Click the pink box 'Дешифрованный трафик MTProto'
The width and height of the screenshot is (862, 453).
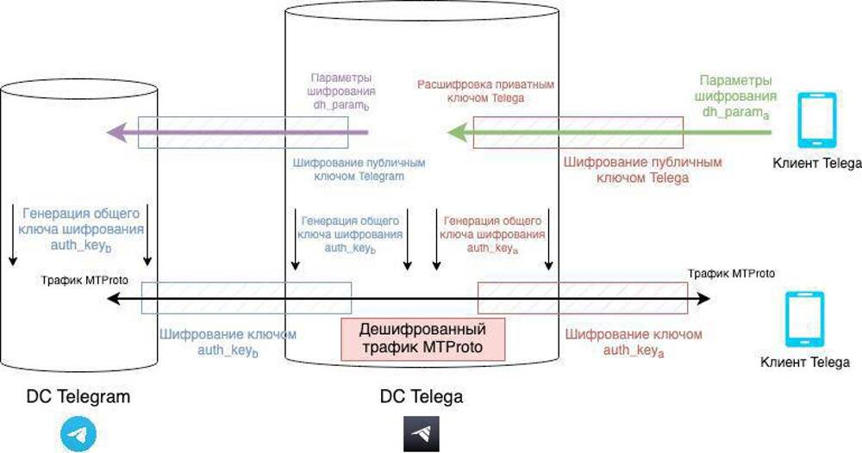[422, 338]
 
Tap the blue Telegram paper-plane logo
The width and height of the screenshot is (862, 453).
[78, 434]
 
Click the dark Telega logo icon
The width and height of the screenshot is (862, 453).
[422, 434]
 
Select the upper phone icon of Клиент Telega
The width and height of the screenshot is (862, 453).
[816, 121]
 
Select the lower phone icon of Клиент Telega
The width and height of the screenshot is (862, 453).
[804, 320]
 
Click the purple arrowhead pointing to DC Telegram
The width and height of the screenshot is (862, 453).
[116, 133]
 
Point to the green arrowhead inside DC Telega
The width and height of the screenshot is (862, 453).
[457, 133]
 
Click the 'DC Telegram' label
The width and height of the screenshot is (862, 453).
[78, 397]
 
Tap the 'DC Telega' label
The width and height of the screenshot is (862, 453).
[422, 397]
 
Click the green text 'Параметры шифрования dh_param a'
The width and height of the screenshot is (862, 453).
[738, 95]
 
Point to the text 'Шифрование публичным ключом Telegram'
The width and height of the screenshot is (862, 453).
[360, 169]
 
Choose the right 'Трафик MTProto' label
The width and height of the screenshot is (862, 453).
[731, 273]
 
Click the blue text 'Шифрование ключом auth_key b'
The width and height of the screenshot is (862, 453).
[228, 342]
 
